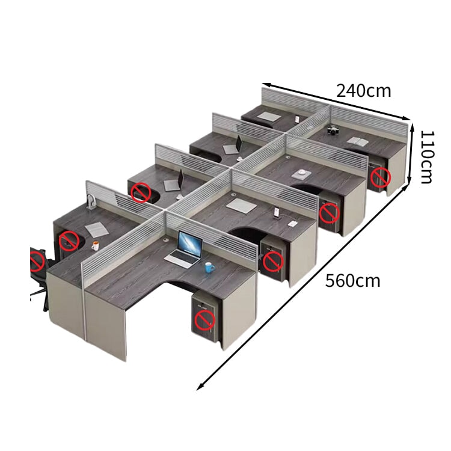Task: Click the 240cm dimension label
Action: tap(364, 91)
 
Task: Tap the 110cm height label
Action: tap(427, 157)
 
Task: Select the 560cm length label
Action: tap(352, 280)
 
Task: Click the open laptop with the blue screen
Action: tap(186, 250)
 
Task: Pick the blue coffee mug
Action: tap(209, 268)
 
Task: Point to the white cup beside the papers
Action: tap(95, 245)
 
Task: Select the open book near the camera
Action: tap(357, 141)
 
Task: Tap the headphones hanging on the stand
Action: tap(91, 201)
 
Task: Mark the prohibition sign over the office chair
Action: tap(37, 261)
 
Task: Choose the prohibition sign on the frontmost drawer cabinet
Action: tap(205, 320)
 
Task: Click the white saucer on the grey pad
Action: tap(302, 173)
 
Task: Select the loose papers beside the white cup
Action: tap(97, 230)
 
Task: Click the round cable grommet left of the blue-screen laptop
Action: tap(166, 239)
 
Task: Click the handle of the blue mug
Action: tap(213, 269)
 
